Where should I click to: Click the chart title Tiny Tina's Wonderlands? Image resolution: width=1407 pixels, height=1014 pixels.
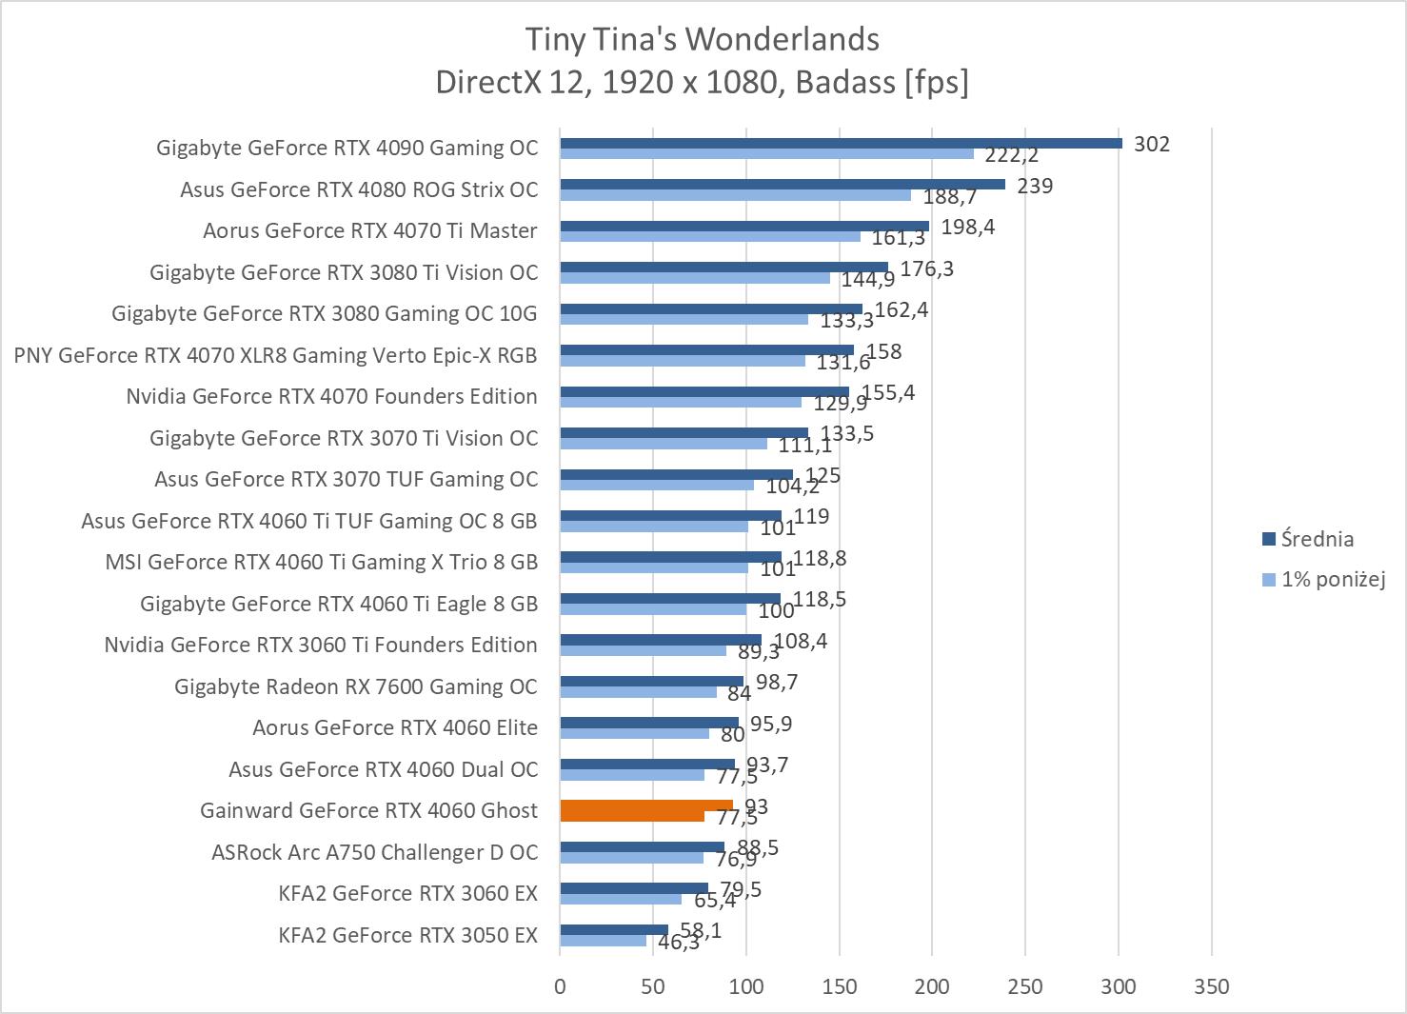703,39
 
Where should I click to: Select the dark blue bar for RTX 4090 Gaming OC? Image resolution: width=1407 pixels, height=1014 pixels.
841,143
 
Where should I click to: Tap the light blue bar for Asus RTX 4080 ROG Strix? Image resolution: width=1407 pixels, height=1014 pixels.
735,195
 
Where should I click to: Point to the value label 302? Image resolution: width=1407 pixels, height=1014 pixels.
1152,144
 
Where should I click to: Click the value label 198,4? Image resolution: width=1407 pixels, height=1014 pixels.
967,227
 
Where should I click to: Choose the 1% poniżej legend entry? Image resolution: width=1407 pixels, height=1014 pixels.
1332,579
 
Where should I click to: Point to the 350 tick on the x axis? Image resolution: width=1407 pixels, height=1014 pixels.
1211,986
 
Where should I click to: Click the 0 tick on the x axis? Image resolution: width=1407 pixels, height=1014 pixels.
560,986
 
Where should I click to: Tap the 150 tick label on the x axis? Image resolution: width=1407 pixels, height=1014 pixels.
839,986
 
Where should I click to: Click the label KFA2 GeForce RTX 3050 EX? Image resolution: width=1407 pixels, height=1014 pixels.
407,935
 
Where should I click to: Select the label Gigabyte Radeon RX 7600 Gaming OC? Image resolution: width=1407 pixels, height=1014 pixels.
356,686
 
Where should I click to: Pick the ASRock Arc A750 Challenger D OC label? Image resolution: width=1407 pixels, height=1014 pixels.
374,852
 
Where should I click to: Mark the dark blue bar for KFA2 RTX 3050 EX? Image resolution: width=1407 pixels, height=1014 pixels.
614,929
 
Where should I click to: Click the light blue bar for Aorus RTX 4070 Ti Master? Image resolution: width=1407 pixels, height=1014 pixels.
710,236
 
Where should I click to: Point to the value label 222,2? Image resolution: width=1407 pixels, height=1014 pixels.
1011,155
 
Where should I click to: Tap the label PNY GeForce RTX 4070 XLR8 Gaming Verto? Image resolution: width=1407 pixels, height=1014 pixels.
276,355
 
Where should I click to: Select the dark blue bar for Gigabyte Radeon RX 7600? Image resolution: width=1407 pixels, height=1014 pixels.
651,681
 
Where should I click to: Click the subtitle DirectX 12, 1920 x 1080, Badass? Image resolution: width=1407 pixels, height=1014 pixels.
703,83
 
